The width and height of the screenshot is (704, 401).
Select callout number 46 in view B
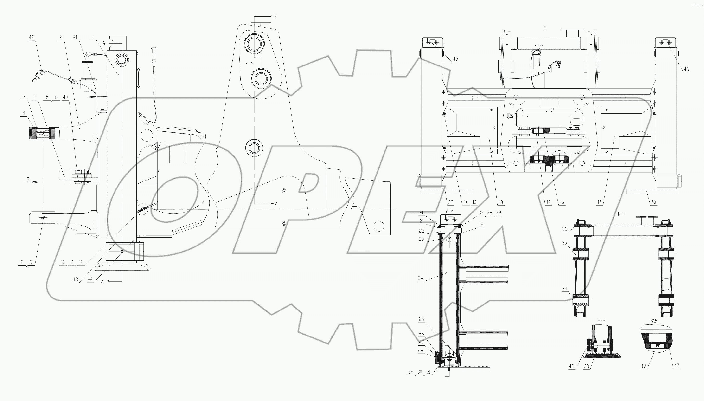[x=686, y=69]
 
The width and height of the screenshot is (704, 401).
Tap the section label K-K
[x=621, y=214]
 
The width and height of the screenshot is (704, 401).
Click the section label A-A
[x=449, y=211]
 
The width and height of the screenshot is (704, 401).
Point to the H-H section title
[x=601, y=321]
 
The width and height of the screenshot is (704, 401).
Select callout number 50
[x=653, y=202]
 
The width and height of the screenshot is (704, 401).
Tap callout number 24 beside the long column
[x=420, y=278]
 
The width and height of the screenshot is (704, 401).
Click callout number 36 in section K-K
[x=564, y=229]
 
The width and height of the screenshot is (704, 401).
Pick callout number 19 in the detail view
[x=643, y=366]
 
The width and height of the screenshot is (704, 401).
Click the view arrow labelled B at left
[x=28, y=180]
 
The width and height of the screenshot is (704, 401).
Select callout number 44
[x=90, y=279]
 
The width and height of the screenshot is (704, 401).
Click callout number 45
[x=455, y=59]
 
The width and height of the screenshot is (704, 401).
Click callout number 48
[x=481, y=225]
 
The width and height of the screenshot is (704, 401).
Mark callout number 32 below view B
[x=451, y=202]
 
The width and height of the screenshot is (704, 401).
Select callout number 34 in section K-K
[x=564, y=289]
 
